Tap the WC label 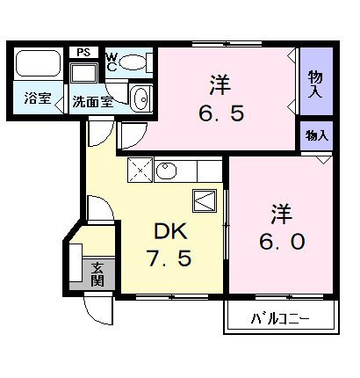click(112, 61)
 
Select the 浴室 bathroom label click(36, 99)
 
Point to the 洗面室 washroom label click(92, 100)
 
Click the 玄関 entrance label click(97, 274)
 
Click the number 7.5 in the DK click(169, 259)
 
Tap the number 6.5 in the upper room click(219, 113)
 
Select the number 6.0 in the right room click(280, 239)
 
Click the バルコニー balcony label click(280, 317)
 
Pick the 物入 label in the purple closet click(315, 84)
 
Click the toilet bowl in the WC click(135, 61)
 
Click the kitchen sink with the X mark click(140, 169)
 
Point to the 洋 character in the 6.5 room click(219, 85)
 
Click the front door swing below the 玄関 click(97, 308)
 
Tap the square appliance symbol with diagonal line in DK click(204, 200)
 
